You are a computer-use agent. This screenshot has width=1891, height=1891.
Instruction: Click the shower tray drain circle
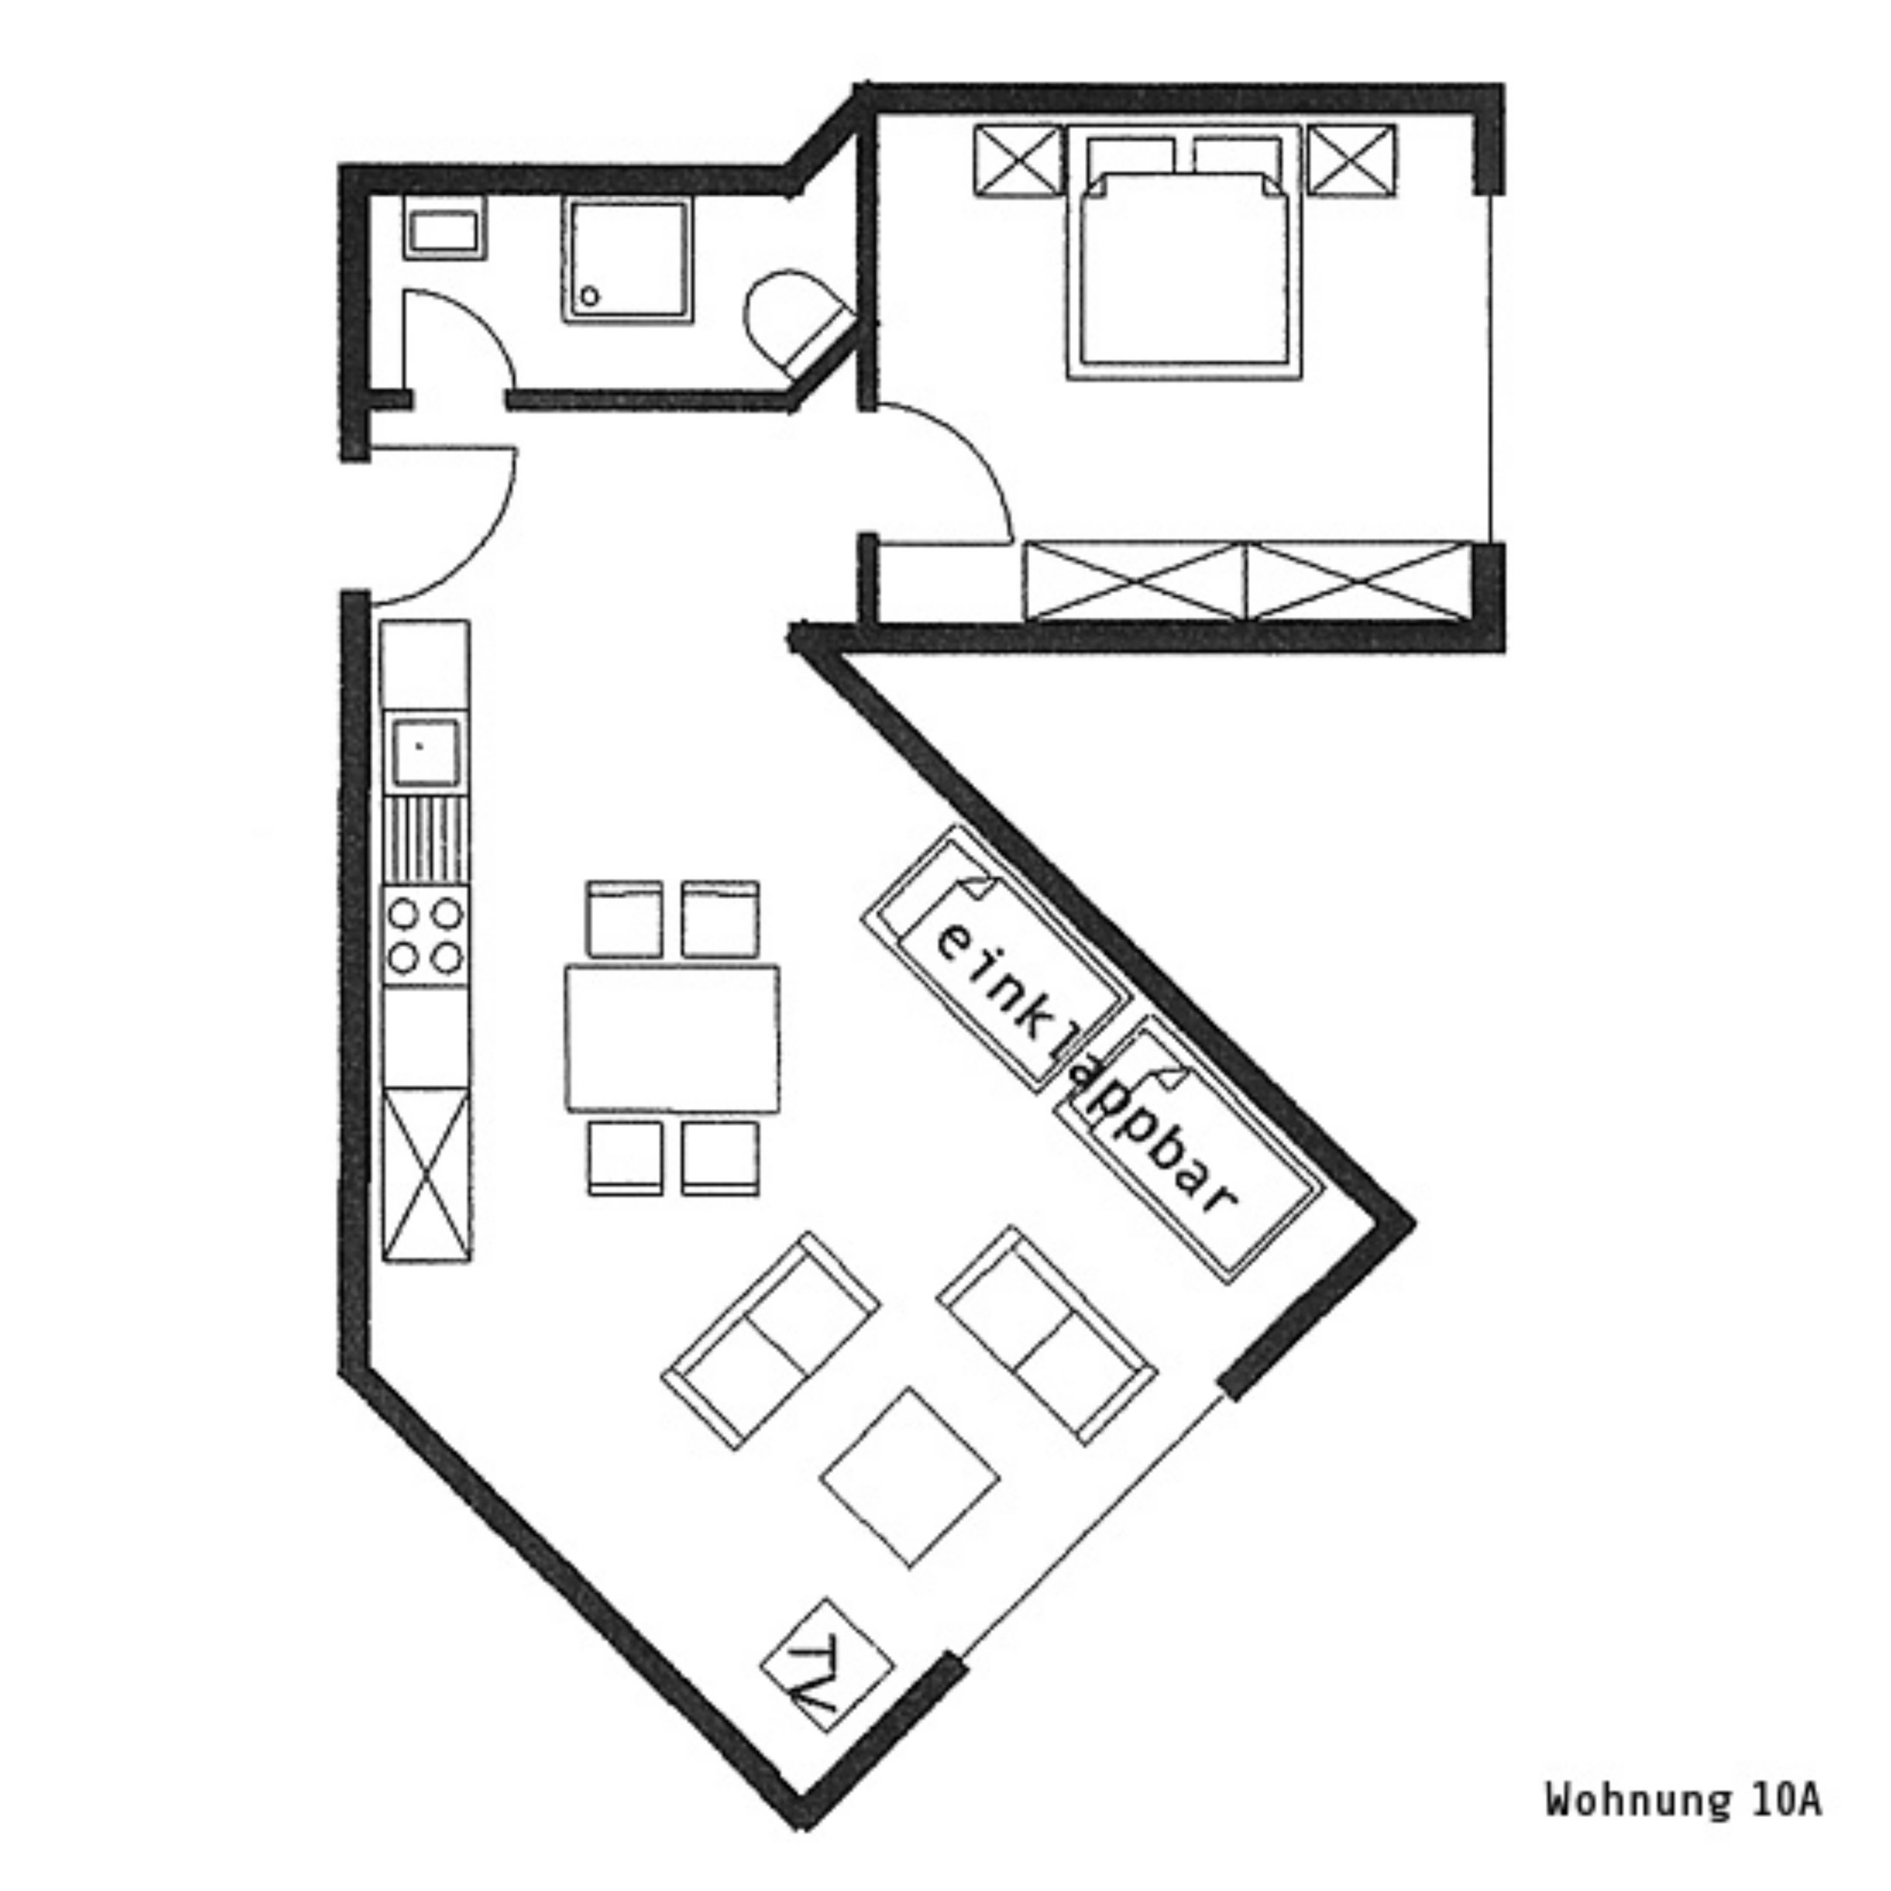click(x=589, y=295)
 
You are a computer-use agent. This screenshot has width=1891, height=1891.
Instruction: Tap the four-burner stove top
click(x=425, y=936)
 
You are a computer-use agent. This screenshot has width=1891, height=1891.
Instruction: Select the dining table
click(x=672, y=1039)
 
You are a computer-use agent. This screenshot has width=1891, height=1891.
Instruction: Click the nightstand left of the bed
click(x=1018, y=160)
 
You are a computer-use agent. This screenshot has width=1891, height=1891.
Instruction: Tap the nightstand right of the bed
click(x=1352, y=160)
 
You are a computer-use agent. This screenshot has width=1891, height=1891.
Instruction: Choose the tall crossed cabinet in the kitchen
click(x=425, y=1174)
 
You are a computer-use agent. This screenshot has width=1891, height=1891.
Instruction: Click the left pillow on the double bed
click(x=1130, y=159)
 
